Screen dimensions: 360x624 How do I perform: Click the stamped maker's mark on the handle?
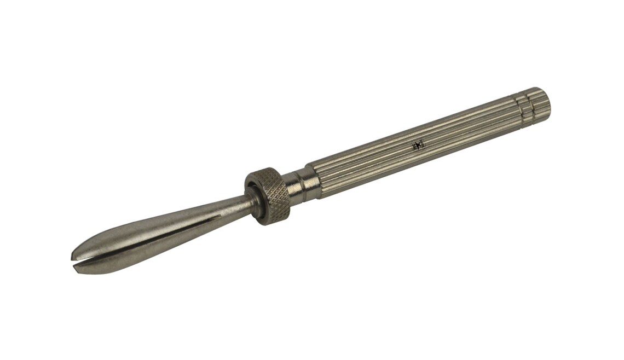click(x=418, y=146)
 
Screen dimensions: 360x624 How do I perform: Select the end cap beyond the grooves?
click(x=539, y=101)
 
